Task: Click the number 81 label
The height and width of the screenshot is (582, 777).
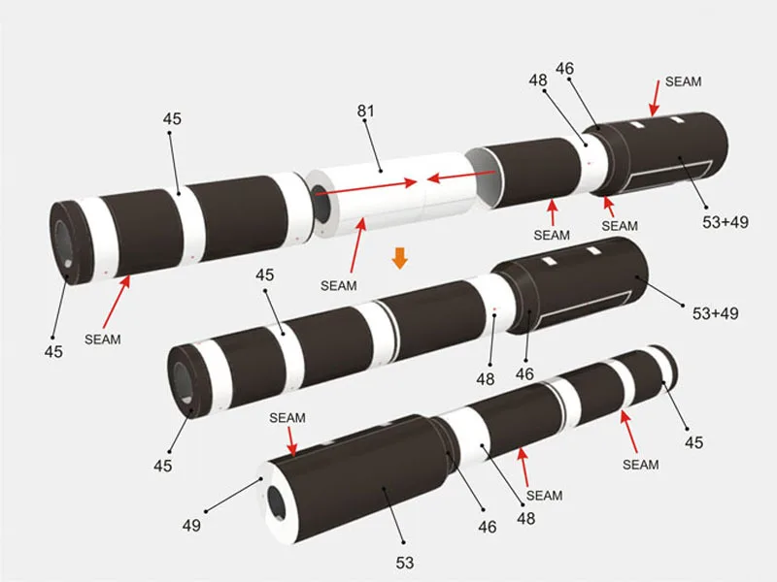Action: coord(365,112)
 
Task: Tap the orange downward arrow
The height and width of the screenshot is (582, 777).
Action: coord(397,259)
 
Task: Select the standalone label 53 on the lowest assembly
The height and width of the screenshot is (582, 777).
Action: coord(405,563)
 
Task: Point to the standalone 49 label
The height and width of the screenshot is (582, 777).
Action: coord(191,526)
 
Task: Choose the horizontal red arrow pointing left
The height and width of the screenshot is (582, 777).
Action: coord(461,178)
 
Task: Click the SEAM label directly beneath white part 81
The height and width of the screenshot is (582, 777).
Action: coord(338,285)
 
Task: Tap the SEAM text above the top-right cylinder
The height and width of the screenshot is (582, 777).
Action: coord(683,81)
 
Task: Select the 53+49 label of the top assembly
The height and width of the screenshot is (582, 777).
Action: coord(726,222)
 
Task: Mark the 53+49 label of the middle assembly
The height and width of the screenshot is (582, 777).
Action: coord(716,313)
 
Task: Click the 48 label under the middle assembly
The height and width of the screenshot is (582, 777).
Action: coord(486,378)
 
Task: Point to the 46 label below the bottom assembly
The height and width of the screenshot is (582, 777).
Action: coord(488,527)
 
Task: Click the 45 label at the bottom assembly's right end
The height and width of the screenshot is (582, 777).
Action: coord(693,442)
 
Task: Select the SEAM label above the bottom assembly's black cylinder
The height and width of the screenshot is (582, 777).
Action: coord(287,418)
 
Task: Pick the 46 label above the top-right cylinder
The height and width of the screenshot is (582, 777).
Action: coord(564,68)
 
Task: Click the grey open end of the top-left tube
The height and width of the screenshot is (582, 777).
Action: coord(65,242)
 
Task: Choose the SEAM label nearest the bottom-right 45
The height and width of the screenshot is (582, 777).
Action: coord(641,465)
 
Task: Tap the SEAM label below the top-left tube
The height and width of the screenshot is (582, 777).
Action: coord(103,339)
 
